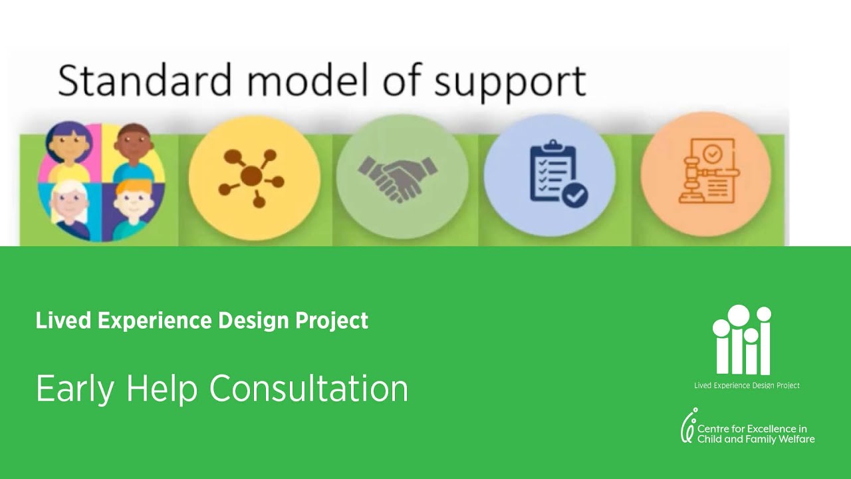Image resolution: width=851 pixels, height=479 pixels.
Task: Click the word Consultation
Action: (x=308, y=388)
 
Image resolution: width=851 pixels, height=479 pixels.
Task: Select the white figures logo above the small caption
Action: (x=741, y=340)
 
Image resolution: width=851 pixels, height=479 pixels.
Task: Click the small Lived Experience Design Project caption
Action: (x=747, y=385)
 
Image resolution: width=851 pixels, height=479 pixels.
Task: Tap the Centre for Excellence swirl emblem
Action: (x=688, y=426)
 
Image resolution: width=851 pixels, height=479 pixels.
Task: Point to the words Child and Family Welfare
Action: (x=755, y=439)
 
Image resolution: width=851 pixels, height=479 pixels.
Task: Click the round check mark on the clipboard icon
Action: (x=574, y=194)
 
